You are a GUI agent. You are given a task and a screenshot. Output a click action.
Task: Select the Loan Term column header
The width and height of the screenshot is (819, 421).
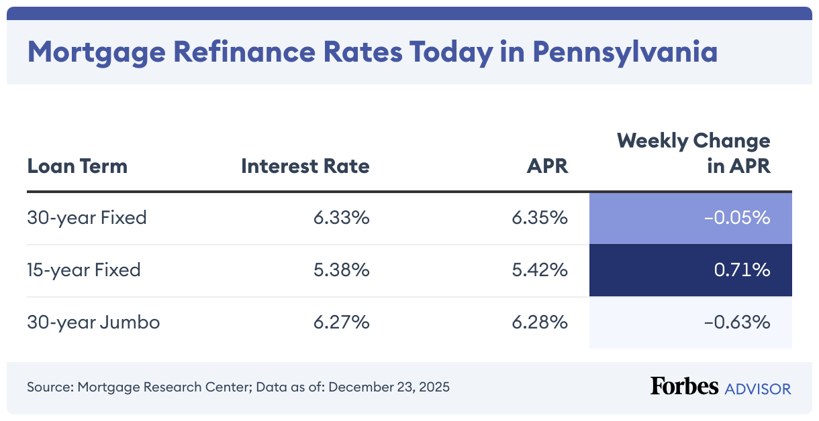click(77, 166)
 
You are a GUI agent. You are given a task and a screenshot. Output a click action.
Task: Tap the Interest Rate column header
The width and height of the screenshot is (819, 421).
click(305, 166)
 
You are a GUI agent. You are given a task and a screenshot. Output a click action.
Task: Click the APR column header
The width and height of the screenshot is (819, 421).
click(547, 166)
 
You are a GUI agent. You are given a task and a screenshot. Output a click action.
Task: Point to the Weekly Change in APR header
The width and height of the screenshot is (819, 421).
click(693, 153)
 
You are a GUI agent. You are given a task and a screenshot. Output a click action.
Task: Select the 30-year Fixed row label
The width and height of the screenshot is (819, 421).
click(87, 218)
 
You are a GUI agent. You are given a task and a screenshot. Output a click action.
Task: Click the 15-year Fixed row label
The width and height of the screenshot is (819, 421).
click(84, 270)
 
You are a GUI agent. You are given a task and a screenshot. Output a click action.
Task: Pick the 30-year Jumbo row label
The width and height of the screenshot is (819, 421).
click(93, 322)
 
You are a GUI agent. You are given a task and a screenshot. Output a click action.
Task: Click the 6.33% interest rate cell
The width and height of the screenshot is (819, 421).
click(341, 218)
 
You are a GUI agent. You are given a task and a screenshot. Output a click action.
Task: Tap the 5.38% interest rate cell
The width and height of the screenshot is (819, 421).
click(341, 270)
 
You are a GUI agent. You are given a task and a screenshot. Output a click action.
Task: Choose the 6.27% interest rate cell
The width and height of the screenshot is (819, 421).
click(341, 322)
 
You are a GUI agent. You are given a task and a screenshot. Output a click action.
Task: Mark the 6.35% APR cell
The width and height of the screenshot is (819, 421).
click(540, 218)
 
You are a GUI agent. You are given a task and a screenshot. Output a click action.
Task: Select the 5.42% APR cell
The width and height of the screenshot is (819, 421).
click(540, 270)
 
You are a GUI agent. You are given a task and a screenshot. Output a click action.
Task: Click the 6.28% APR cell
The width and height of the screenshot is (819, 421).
click(540, 322)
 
